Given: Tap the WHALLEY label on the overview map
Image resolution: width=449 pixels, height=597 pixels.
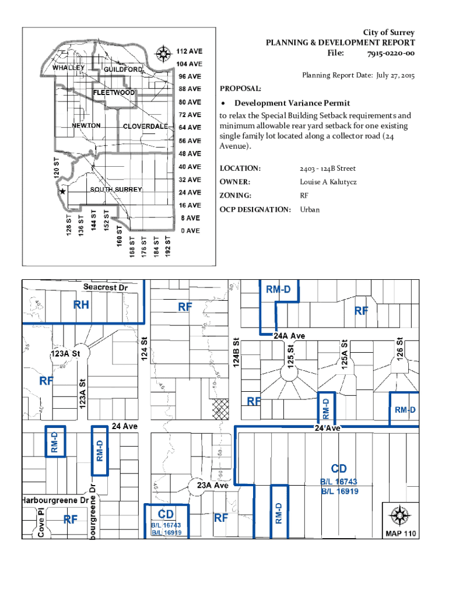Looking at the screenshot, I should pos(69,68).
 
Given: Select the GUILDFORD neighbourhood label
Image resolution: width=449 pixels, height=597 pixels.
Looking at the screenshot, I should pos(123,70).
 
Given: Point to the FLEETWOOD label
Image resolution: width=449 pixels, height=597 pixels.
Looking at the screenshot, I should pos(114,93).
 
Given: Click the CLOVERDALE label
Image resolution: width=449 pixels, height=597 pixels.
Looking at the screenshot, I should pos(145,127).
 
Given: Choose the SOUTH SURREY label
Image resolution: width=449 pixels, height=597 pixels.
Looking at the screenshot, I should pos(115,190).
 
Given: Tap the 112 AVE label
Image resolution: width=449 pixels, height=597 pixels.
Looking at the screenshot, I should pos(190,51).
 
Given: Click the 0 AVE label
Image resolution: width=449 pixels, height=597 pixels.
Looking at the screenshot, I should pos(190,231).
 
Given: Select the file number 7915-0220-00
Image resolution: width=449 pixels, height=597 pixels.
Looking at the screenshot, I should pos(391,54).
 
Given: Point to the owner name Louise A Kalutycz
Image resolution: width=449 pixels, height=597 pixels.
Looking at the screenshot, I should pos(328,182).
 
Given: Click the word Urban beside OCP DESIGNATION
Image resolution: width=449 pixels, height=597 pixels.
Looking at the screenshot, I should pos(310,209).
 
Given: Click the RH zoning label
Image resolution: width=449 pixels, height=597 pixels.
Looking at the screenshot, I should pos(81,304).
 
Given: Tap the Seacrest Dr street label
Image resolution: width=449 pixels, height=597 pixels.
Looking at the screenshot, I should pos(105,287).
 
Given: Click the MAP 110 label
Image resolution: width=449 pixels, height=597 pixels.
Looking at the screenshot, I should pos(399,533).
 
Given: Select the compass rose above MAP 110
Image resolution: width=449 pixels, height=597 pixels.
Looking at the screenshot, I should pos(400,515).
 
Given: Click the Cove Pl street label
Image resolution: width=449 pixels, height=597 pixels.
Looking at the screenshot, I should pos(41,522).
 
